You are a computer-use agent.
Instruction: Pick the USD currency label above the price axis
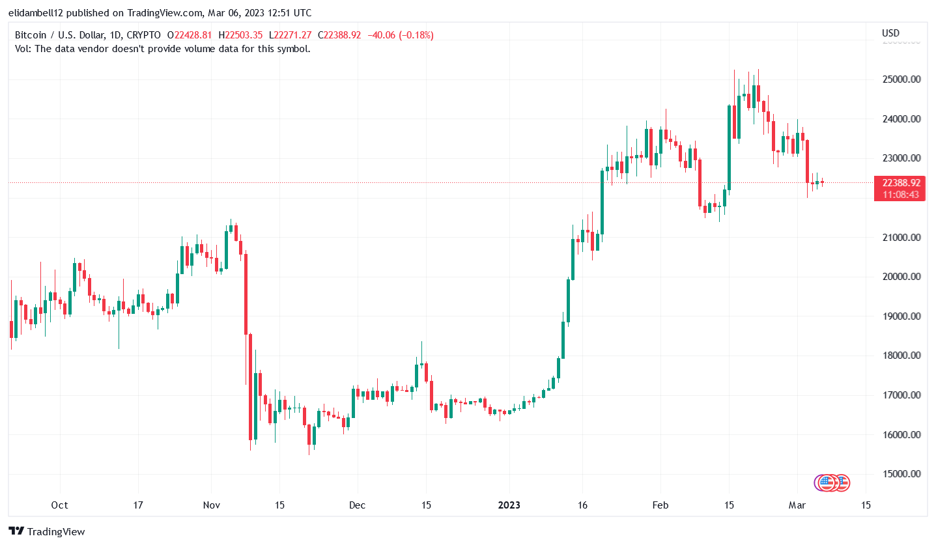(x=890, y=33)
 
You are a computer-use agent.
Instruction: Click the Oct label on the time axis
(x=60, y=505)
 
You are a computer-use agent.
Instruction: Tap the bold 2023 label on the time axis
(x=509, y=505)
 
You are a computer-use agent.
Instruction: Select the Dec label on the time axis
(x=358, y=505)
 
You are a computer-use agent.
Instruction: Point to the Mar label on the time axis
(x=798, y=505)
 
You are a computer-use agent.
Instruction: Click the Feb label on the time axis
(x=660, y=505)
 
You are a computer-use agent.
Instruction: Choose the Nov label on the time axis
(x=211, y=505)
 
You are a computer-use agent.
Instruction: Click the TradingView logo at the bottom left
(x=47, y=531)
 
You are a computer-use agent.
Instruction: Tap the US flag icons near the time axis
(x=832, y=482)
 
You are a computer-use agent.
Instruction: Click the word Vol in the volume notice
(x=21, y=48)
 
